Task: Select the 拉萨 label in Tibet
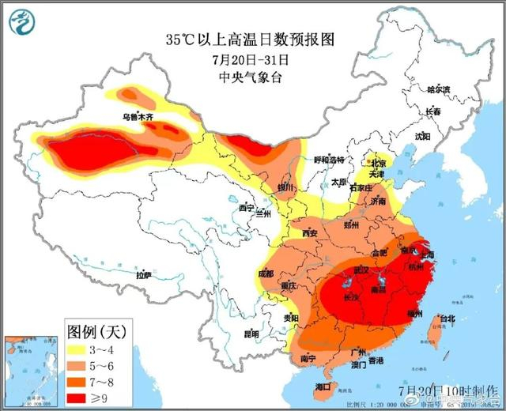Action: [143, 275]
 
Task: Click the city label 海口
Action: [322, 386]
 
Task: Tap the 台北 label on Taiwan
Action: [447, 319]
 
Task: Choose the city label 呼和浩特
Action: [329, 159]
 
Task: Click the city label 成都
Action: [265, 273]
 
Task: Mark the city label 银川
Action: [285, 187]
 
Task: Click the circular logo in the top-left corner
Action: [27, 25]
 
